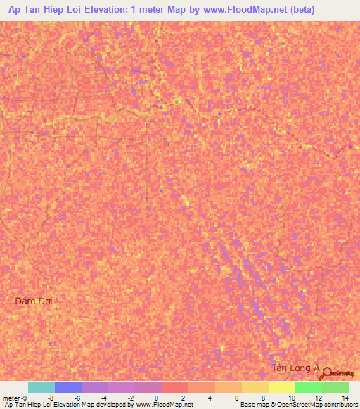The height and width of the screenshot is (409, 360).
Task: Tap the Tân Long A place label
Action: pos(295,368)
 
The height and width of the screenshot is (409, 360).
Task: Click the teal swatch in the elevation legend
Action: pos(41,387)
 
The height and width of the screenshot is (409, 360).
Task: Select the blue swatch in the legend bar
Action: pos(68,387)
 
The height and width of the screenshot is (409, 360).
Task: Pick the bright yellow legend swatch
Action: pos(281,387)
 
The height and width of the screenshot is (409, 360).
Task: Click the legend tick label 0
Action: pos(156,398)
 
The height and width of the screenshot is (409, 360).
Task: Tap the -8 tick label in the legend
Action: pos(50,398)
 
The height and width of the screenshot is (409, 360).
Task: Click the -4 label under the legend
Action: pos(103,398)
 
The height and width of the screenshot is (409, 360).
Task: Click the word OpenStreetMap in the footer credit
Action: pos(288,405)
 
